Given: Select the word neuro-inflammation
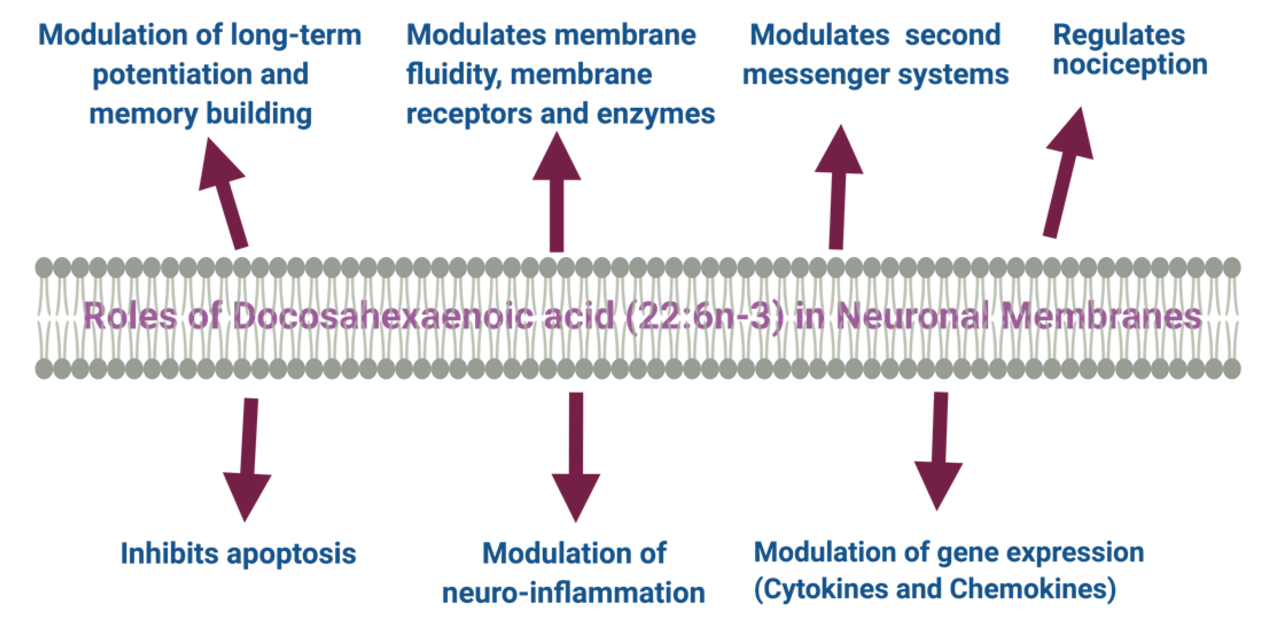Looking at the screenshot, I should pos(573,593).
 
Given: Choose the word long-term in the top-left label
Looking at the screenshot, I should pos(295,36).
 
